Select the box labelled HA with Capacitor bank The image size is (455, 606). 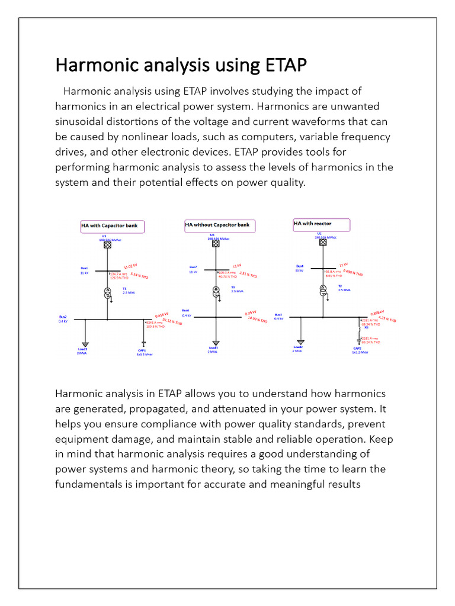pos(113,225)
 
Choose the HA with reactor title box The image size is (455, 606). pos(321,224)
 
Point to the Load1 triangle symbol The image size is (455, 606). pos(85,344)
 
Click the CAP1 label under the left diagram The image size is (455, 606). pos(142,350)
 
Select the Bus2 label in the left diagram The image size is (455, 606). pos(63,317)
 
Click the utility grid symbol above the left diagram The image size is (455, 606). pos(108,245)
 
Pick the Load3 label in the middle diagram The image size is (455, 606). pos(214,347)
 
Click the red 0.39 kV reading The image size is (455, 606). pos(251,312)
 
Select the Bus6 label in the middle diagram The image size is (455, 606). pos(186,310)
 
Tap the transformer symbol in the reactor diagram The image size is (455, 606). pos(323,290)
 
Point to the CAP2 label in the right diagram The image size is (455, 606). pos(357,348)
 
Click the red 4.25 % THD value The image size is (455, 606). pos(387,318)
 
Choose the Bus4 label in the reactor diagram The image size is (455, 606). pos(300,266)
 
